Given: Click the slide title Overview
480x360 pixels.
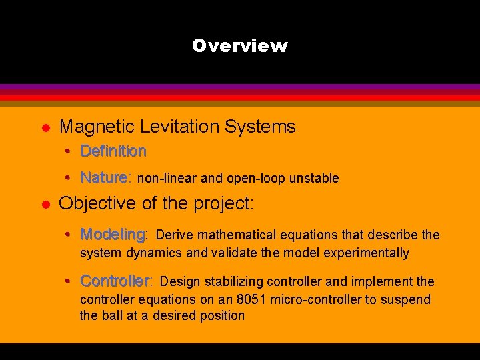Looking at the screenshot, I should click(239, 46).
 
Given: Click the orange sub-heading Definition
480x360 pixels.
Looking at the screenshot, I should click(113, 151).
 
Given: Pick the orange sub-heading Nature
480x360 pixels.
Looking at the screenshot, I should click(104, 178).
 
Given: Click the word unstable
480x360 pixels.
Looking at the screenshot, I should click(315, 179).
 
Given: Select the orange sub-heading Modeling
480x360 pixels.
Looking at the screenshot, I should click(113, 235).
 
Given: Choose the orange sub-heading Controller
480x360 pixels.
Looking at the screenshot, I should click(116, 281).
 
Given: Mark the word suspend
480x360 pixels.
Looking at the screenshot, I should click(407, 300).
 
